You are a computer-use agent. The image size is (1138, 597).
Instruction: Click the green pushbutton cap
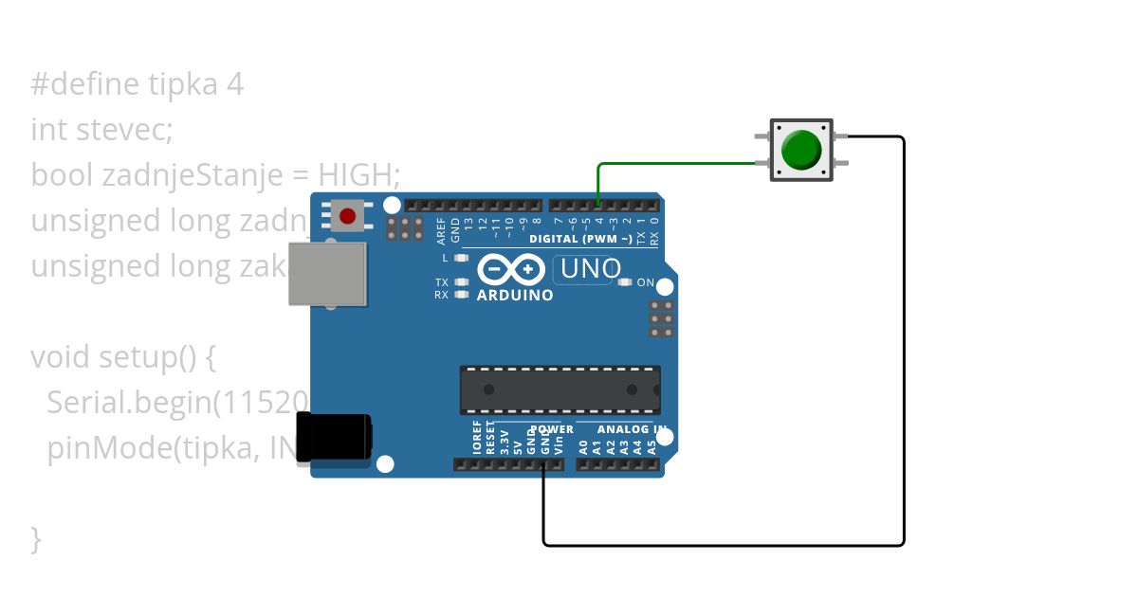pyautogui.click(x=801, y=150)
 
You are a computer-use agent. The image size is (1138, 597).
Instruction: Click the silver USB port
pyautogui.click(x=327, y=274)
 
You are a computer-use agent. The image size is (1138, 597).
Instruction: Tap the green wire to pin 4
pyautogui.click(x=664, y=164)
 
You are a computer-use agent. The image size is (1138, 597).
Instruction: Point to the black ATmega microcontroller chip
pyautogui.click(x=560, y=389)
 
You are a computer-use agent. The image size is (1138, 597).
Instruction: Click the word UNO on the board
pyautogui.click(x=591, y=269)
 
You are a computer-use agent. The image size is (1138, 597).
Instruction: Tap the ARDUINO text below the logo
pyautogui.click(x=516, y=296)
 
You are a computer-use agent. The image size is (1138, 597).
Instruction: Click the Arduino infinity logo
pyautogui.click(x=512, y=271)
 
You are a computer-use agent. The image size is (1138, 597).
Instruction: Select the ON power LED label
pyautogui.click(x=646, y=282)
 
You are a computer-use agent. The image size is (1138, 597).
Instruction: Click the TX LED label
pyautogui.click(x=442, y=282)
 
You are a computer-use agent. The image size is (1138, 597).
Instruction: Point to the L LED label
pyautogui.click(x=444, y=258)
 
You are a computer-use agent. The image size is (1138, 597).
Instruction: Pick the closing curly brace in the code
pyautogui.click(x=37, y=539)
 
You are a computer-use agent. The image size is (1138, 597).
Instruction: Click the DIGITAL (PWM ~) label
pyautogui.click(x=578, y=239)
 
